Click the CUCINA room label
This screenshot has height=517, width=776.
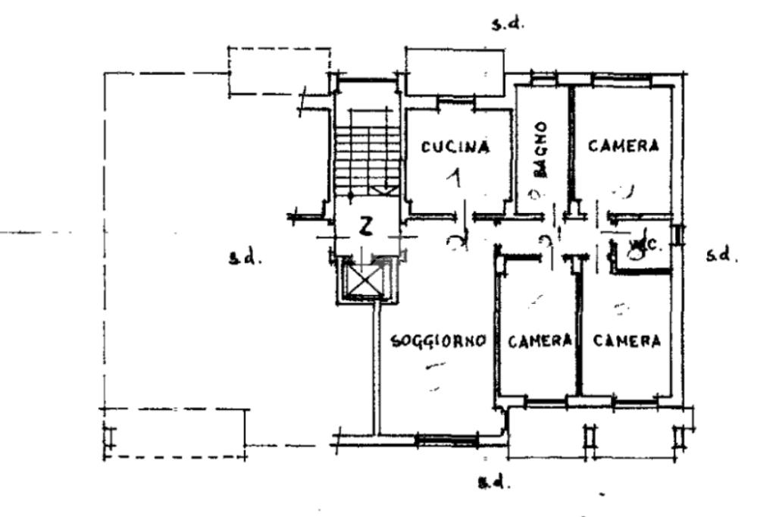point(455,148)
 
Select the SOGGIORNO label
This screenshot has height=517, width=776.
point(437,341)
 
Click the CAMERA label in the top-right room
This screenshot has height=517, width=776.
point(624,146)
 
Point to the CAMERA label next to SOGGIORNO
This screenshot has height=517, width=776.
point(540,341)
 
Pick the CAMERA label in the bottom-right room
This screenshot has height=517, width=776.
point(626,341)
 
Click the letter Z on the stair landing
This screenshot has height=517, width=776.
point(366,225)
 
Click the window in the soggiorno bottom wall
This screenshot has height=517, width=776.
point(446,438)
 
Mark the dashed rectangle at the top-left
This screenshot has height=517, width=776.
point(280,70)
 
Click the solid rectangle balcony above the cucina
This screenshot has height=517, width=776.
point(455,72)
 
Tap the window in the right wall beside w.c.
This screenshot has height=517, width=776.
point(680,234)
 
